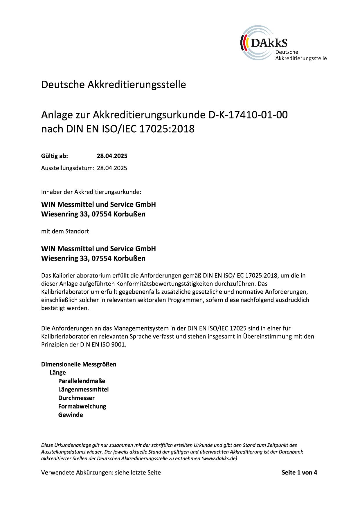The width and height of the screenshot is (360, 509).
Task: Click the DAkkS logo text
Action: click(x=269, y=43)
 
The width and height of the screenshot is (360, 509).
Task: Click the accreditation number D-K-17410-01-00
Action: click(x=248, y=115)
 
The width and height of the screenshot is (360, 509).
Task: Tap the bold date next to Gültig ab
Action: click(x=112, y=156)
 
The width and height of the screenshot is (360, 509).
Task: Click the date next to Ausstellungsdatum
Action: click(x=112, y=168)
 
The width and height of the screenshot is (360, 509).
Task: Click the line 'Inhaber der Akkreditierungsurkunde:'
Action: click(x=91, y=192)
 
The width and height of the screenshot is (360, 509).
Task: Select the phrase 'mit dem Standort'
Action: click(x=65, y=231)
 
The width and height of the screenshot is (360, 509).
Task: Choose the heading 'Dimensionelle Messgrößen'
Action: click(x=79, y=364)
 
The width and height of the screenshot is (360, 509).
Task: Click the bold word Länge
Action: click(x=58, y=373)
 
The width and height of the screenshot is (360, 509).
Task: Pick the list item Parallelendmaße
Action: click(x=82, y=381)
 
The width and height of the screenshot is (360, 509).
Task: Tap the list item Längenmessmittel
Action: click(x=83, y=389)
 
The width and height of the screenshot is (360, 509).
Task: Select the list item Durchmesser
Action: click(x=76, y=398)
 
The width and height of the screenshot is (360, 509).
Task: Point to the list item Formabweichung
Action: click(x=82, y=406)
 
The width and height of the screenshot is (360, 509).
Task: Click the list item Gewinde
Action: click(x=71, y=415)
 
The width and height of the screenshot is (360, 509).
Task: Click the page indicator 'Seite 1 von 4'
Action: click(x=299, y=472)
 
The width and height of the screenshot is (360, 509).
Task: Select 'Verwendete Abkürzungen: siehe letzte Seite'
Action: click(x=101, y=472)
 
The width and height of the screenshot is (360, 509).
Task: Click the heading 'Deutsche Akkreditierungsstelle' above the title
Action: click(x=114, y=85)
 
